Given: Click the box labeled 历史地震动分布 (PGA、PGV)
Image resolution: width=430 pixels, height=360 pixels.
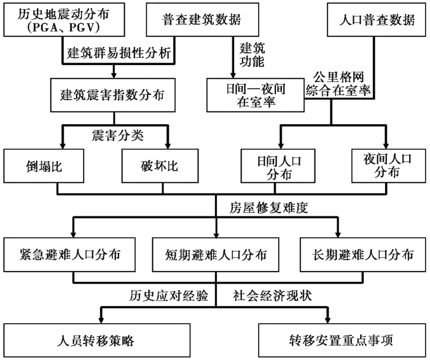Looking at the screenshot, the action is (64, 20).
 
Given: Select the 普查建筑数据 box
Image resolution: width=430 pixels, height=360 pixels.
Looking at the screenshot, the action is (202, 20).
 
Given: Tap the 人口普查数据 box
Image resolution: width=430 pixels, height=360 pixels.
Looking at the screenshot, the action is (376, 20).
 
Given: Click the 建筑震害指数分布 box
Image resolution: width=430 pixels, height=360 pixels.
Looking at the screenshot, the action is (112, 95).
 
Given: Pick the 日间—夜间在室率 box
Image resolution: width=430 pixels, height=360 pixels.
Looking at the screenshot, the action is (256, 95).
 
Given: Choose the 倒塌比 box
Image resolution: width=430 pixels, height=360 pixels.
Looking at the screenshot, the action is (44, 166).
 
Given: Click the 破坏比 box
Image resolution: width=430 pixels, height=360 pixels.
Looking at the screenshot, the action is (160, 166).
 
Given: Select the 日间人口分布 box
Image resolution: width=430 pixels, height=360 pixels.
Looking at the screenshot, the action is (278, 166).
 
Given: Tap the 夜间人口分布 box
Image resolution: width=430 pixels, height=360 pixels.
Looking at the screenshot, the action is (389, 166).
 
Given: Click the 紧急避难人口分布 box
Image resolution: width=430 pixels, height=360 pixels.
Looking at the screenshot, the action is (69, 255).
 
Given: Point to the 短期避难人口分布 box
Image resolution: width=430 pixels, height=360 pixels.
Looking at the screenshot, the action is (216, 255).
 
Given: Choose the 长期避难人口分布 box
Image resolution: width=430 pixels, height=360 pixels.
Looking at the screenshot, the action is (363, 255).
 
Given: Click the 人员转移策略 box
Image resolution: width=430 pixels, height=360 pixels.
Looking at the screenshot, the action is (97, 340).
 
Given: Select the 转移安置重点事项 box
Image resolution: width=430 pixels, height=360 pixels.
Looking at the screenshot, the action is (342, 340).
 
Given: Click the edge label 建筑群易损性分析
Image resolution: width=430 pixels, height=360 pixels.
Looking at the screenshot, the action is (119, 53).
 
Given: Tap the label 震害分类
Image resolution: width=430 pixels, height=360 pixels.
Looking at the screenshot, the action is (118, 135).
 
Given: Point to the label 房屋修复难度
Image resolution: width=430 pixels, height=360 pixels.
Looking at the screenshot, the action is (269, 208).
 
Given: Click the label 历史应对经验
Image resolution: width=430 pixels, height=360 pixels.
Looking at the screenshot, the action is (169, 296).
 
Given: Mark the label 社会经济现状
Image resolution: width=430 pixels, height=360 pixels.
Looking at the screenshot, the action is (272, 296).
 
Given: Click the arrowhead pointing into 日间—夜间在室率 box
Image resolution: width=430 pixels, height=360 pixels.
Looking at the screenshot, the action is (233, 76).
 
